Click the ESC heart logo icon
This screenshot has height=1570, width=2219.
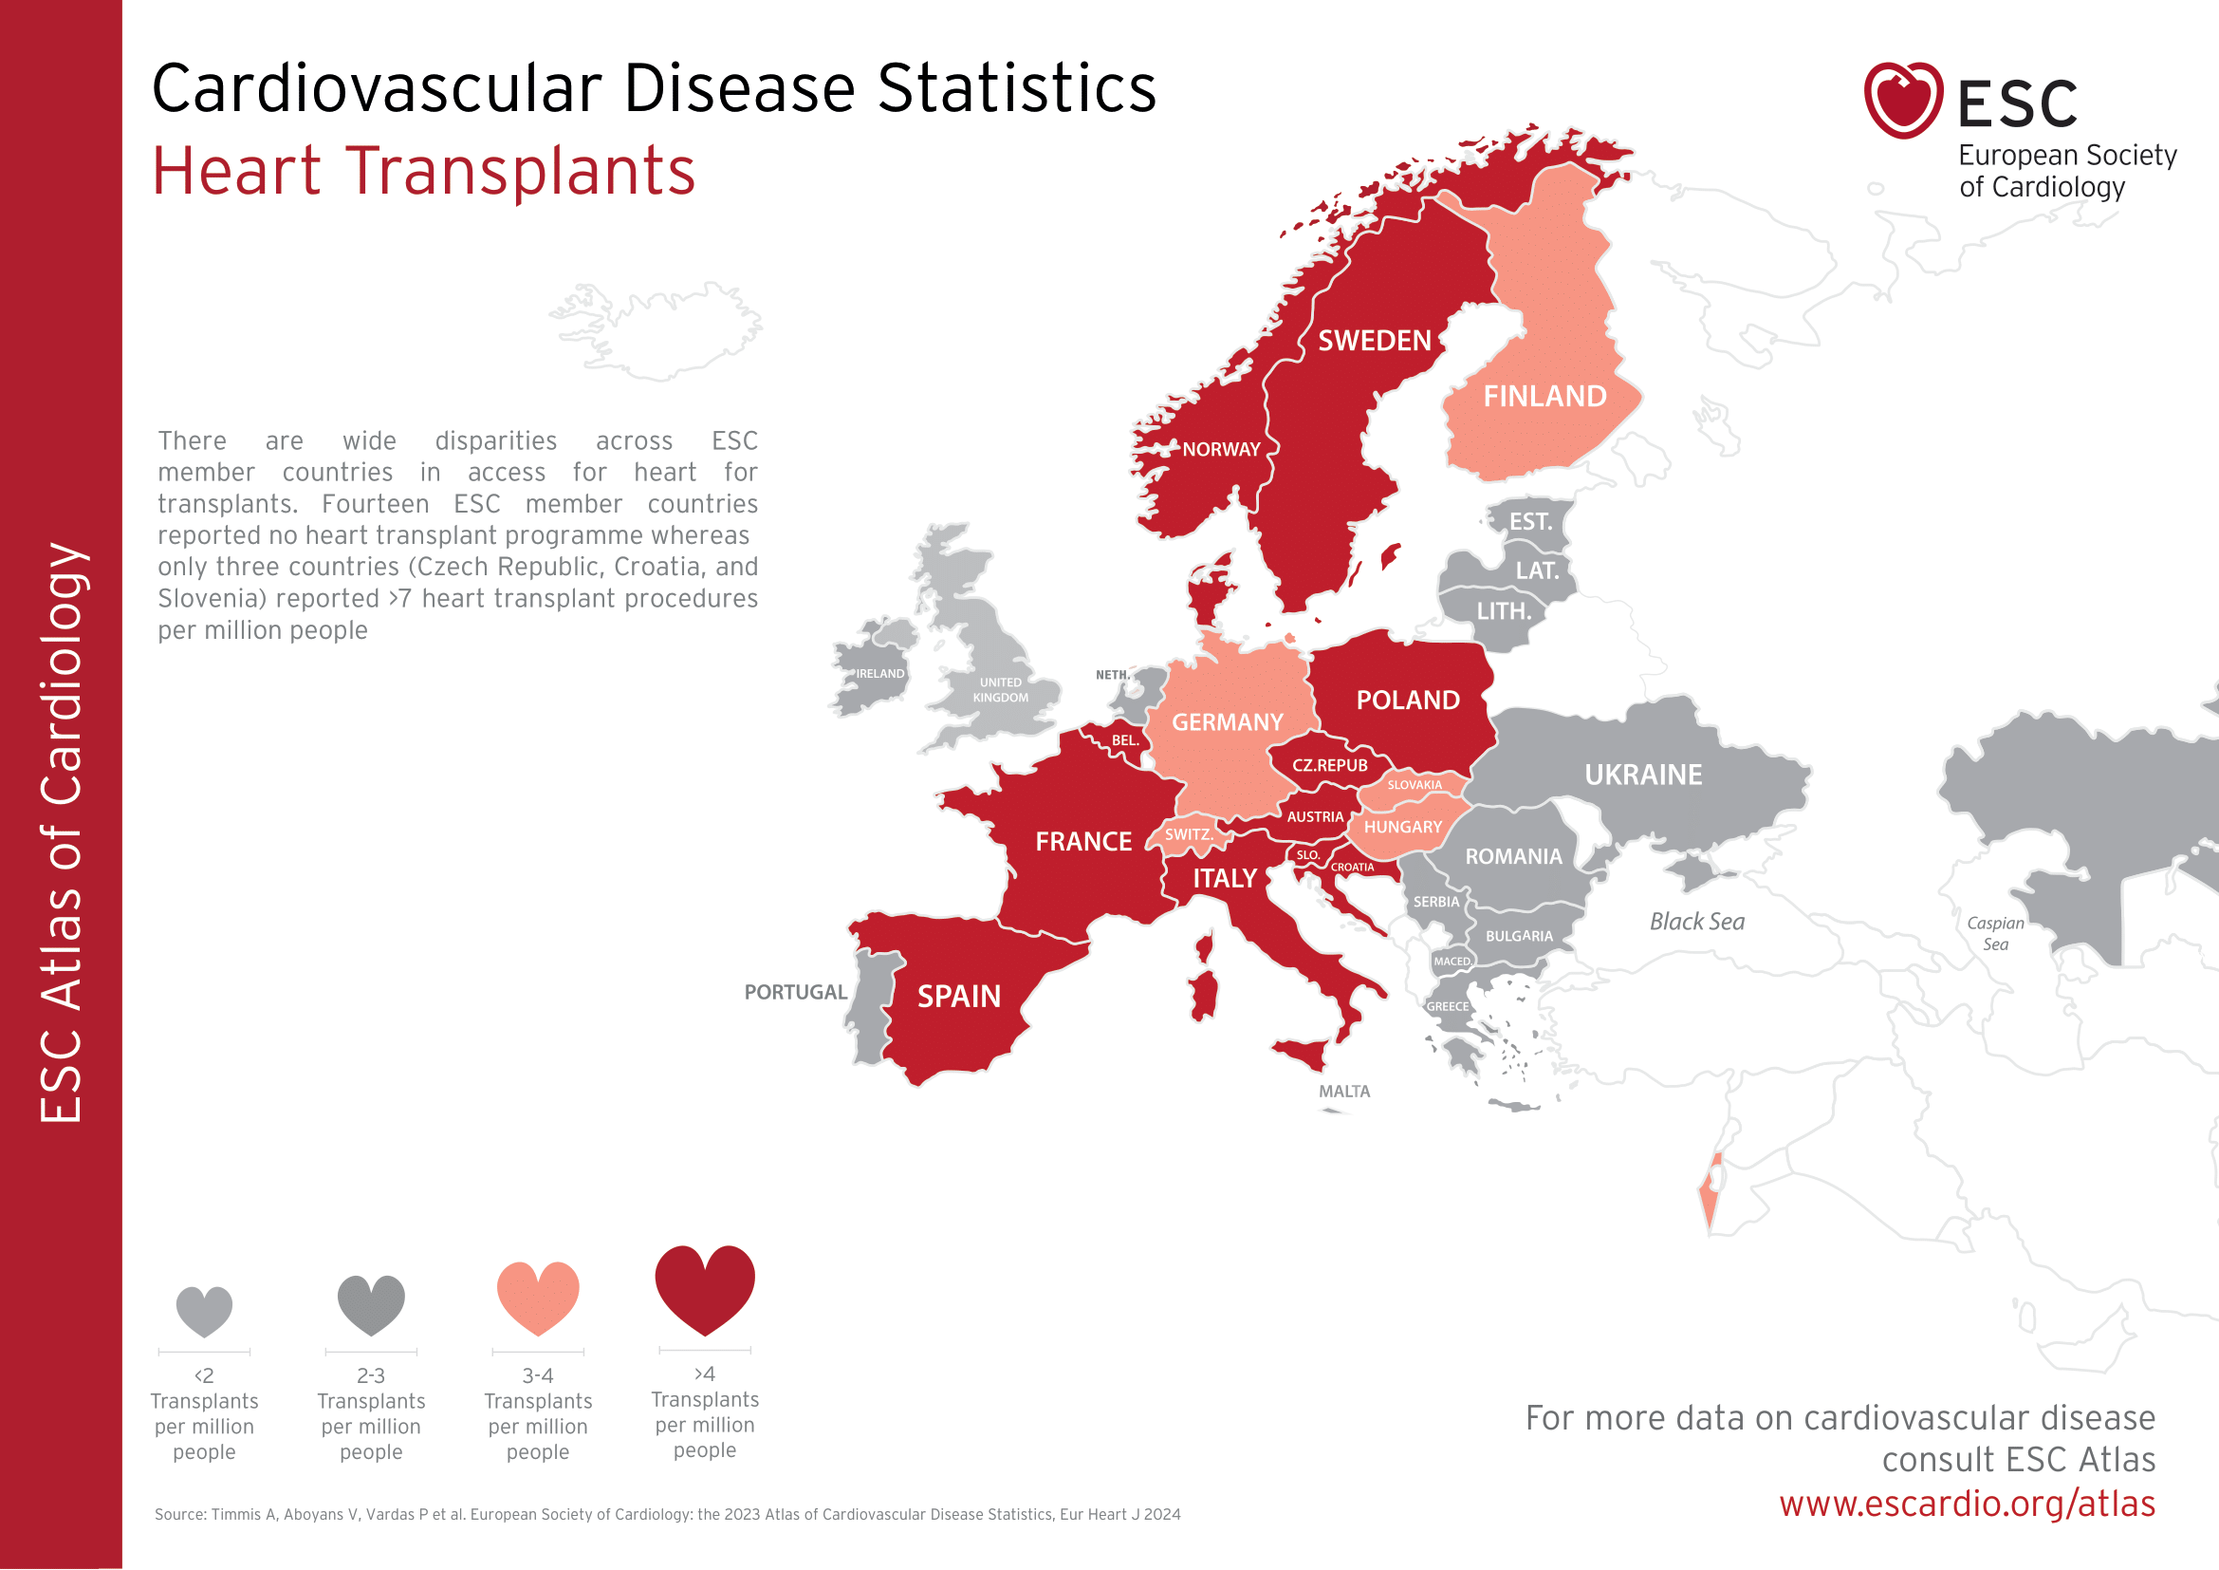[1902, 100]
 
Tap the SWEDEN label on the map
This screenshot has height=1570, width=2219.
[1375, 342]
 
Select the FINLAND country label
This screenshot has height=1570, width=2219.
[1544, 397]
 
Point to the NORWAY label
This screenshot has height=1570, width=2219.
[1222, 450]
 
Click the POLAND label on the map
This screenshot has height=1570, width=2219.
[1407, 700]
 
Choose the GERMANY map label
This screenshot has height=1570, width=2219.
[1228, 722]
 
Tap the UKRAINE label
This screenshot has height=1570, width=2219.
[1643, 775]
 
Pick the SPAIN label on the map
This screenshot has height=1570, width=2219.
[959, 997]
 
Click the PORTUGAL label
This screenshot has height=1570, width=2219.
[795, 993]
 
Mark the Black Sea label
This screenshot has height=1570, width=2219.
[1697, 923]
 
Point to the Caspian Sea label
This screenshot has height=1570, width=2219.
[1995, 934]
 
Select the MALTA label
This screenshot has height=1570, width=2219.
[1344, 1092]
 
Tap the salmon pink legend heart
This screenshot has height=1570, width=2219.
[538, 1297]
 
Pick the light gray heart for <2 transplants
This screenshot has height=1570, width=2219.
[204, 1310]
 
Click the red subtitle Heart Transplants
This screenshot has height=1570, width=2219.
[423, 171]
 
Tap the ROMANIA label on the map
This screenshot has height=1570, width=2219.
[1513, 856]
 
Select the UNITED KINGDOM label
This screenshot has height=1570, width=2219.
[1000, 690]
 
